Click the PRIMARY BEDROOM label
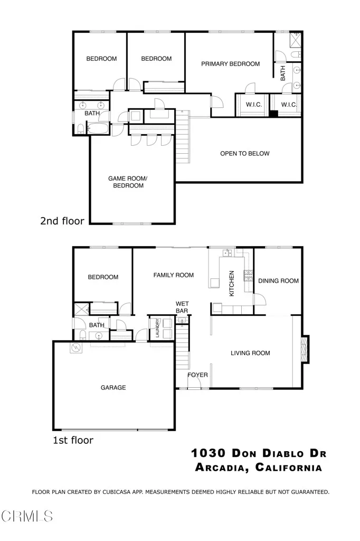[x=230, y=64]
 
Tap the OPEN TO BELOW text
[x=244, y=154]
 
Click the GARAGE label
[x=113, y=388]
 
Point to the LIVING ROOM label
[x=250, y=353]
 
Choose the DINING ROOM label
[x=278, y=281]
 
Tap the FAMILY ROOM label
[x=173, y=275]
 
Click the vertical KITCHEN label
[x=231, y=283]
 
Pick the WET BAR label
[x=182, y=307]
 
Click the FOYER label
[x=198, y=376]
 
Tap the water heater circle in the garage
[x=77, y=348]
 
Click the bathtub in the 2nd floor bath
[x=99, y=128]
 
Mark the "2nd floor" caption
[x=62, y=221]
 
